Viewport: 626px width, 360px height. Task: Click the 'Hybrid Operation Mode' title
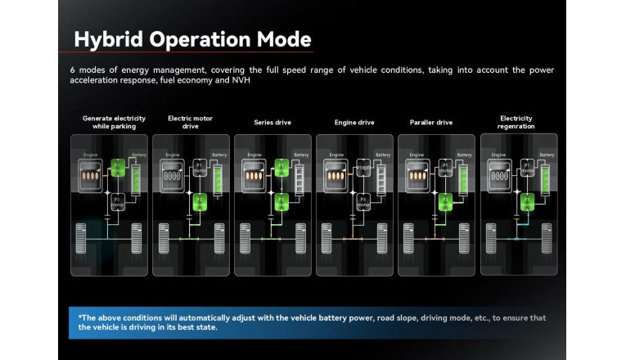(x=192, y=39)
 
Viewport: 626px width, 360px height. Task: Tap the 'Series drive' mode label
(x=272, y=123)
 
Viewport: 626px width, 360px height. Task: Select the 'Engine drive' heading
(x=354, y=123)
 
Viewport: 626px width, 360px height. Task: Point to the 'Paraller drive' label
(x=431, y=123)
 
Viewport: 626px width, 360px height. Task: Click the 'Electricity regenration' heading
(x=516, y=123)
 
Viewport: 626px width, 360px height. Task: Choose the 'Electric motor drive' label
(x=190, y=123)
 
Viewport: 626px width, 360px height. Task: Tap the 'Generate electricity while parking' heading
(x=114, y=123)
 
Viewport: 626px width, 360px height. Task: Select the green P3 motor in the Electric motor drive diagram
(x=198, y=201)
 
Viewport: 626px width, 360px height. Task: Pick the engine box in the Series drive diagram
(x=254, y=174)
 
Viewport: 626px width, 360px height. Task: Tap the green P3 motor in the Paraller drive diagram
(x=444, y=201)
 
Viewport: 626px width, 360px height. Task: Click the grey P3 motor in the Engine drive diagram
(x=363, y=201)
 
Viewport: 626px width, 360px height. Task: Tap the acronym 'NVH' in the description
(x=241, y=80)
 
